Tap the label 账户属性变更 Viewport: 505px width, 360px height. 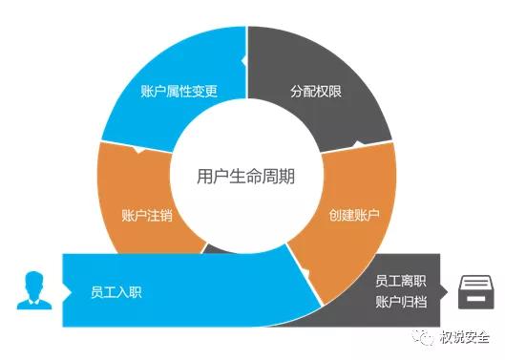click(x=179, y=93)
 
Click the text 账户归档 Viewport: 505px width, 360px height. click(x=399, y=303)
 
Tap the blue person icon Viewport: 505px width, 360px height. click(x=32, y=290)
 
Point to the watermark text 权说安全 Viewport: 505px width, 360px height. click(x=465, y=336)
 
